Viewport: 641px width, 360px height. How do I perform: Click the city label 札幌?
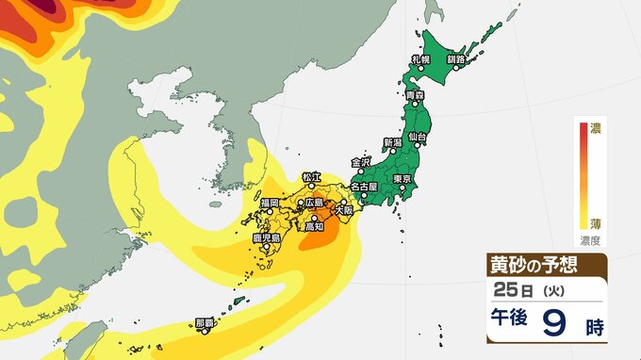(x=420, y=59)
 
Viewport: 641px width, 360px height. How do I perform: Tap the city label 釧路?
(x=456, y=59)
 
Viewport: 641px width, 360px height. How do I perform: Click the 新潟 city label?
(x=391, y=142)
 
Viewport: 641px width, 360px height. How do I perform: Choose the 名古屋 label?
(x=362, y=187)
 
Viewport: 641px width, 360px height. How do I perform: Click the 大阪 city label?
(x=345, y=209)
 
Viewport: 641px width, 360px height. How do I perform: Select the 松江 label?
(x=312, y=176)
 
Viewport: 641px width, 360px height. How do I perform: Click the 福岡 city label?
(x=269, y=203)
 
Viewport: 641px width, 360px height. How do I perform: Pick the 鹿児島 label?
(x=268, y=239)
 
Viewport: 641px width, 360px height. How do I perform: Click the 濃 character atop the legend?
(x=596, y=126)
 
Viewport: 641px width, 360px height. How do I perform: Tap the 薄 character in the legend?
(x=596, y=223)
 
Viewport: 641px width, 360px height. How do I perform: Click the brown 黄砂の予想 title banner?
(x=546, y=264)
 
